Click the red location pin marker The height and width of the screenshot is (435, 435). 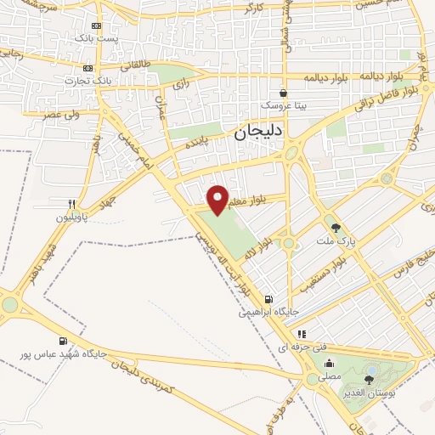tap(218, 199)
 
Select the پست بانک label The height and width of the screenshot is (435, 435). tap(94, 38)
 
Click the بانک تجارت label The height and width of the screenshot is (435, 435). tap(82, 81)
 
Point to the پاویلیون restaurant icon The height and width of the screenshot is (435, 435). tap(73, 204)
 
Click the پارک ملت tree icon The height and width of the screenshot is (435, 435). tap(336, 227)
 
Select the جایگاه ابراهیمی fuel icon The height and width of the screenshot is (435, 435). tap(269, 299)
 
